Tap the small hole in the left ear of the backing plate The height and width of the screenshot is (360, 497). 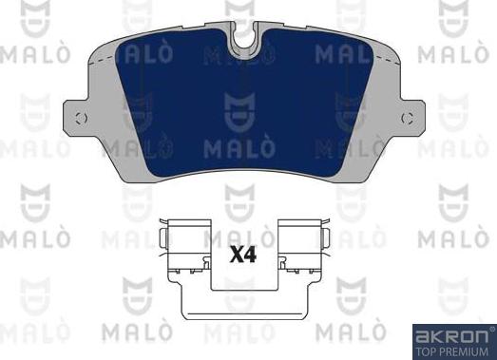pyautogui.click(x=81, y=119)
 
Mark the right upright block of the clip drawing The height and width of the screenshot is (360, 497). pyautogui.click(x=302, y=248)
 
